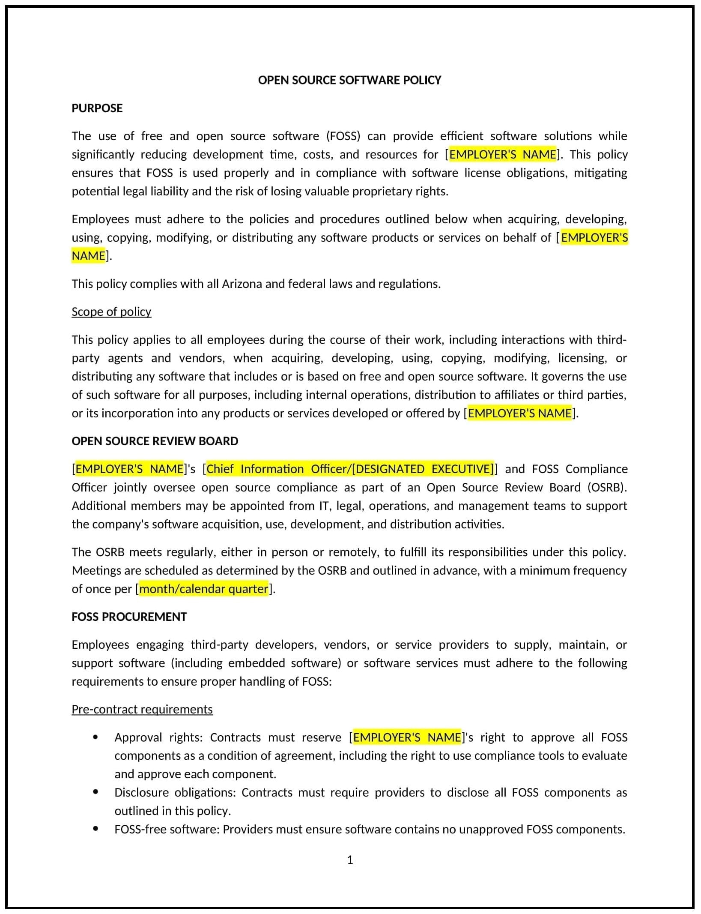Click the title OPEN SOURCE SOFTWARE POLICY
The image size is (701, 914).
pos(349,80)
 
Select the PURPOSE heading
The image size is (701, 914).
pos(97,108)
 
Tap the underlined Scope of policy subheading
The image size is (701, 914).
pos(111,312)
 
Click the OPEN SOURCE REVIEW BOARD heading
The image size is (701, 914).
pos(155,441)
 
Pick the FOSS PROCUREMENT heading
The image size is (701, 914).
pos(129,617)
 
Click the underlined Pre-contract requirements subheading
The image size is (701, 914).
pos(142,709)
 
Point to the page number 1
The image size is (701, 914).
pos(350,860)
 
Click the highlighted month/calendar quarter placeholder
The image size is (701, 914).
pos(204,589)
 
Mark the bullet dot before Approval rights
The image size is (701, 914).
pos(95,737)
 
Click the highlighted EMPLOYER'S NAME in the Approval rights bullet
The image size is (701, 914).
pos(406,737)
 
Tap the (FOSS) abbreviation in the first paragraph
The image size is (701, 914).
pos(343,136)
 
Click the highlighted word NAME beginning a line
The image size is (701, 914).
pos(88,256)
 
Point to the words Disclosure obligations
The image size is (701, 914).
pos(175,792)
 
